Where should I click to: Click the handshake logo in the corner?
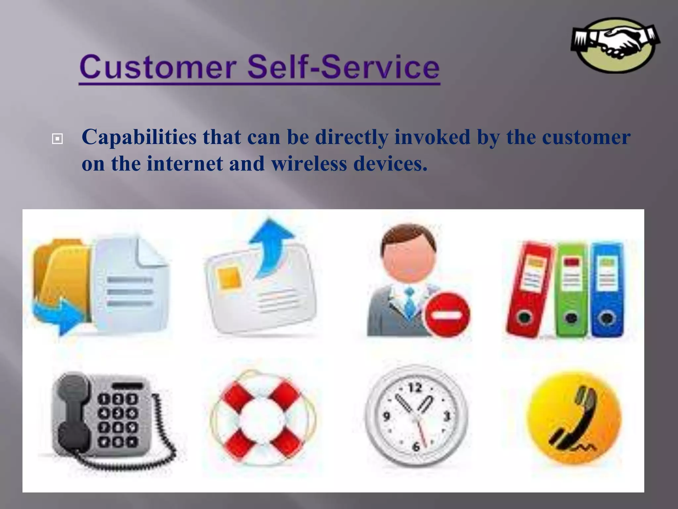pos(615,45)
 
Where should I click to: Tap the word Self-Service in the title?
pos(343,67)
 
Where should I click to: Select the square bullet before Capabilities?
pos(57,139)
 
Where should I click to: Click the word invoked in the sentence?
pos(432,137)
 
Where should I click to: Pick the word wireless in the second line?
pos(309,164)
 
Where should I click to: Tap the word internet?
pos(185,164)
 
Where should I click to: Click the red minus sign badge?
pos(447,314)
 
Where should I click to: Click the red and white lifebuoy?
pos(263,418)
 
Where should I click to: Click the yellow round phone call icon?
pos(573,418)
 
